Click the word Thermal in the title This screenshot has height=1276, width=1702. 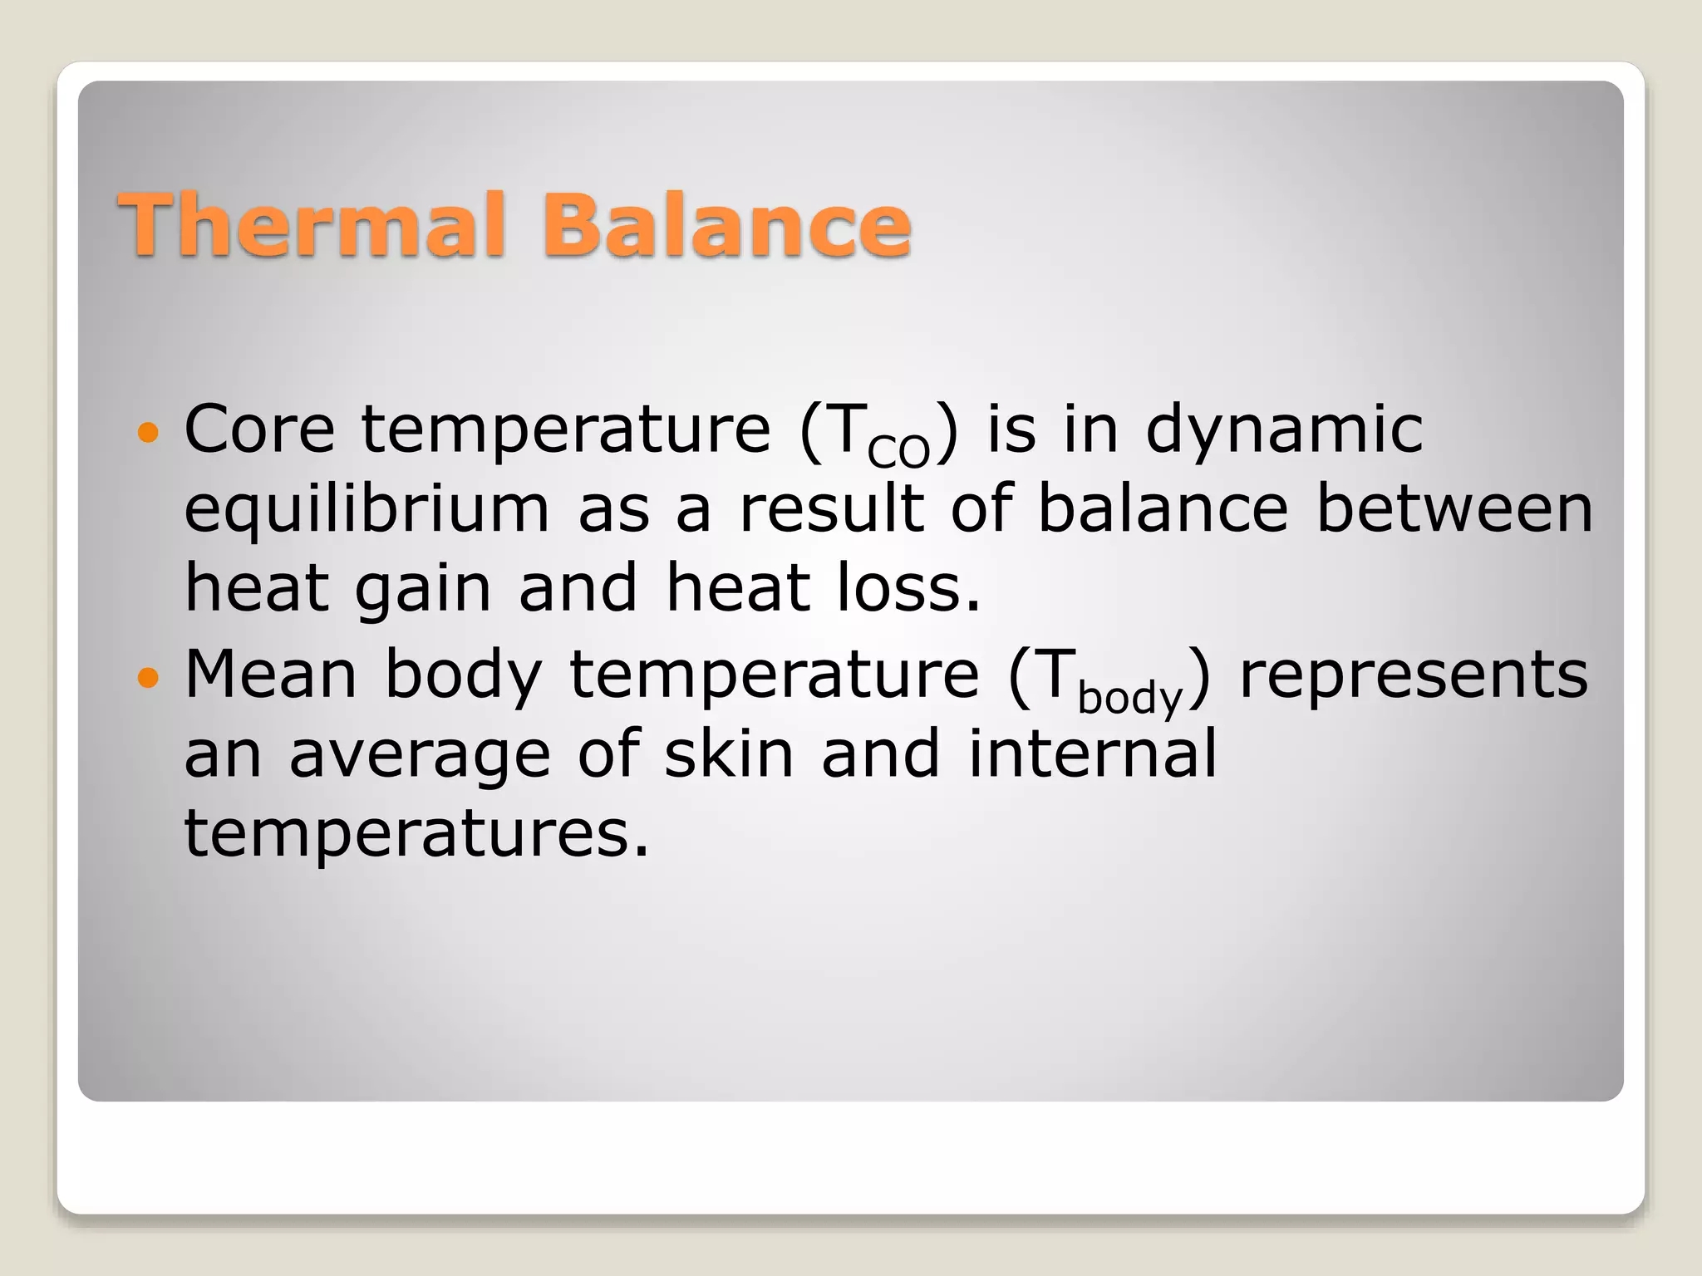tap(311, 224)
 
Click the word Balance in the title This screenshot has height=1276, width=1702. tap(726, 224)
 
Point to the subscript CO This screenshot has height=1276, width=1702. tap(898, 451)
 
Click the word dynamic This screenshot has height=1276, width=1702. tap(1284, 429)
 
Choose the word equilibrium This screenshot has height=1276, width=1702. tap(366, 509)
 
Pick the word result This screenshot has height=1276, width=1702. tap(831, 508)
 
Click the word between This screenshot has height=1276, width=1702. tap(1454, 508)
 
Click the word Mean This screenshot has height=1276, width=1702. tap(270, 674)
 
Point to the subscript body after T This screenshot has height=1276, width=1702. tap(1129, 697)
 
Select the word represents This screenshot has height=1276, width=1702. tap(1414, 675)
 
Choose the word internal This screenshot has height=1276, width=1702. tap(1092, 753)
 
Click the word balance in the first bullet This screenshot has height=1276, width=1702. tap(1163, 508)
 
